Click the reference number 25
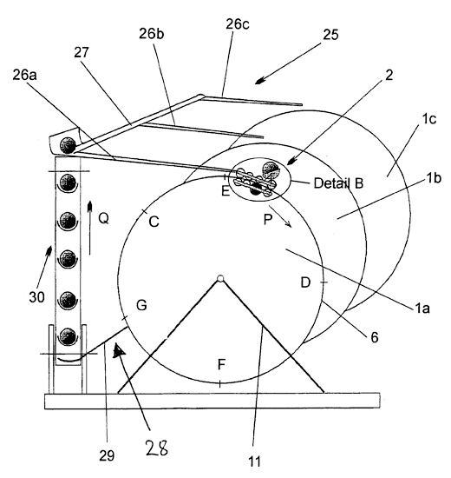[330, 35]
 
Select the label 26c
[238, 24]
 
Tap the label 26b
[151, 34]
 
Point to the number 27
[82, 52]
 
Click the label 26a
[24, 75]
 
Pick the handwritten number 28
[157, 448]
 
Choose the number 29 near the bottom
[107, 456]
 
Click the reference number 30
[36, 297]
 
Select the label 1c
[428, 119]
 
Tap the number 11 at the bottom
[254, 461]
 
